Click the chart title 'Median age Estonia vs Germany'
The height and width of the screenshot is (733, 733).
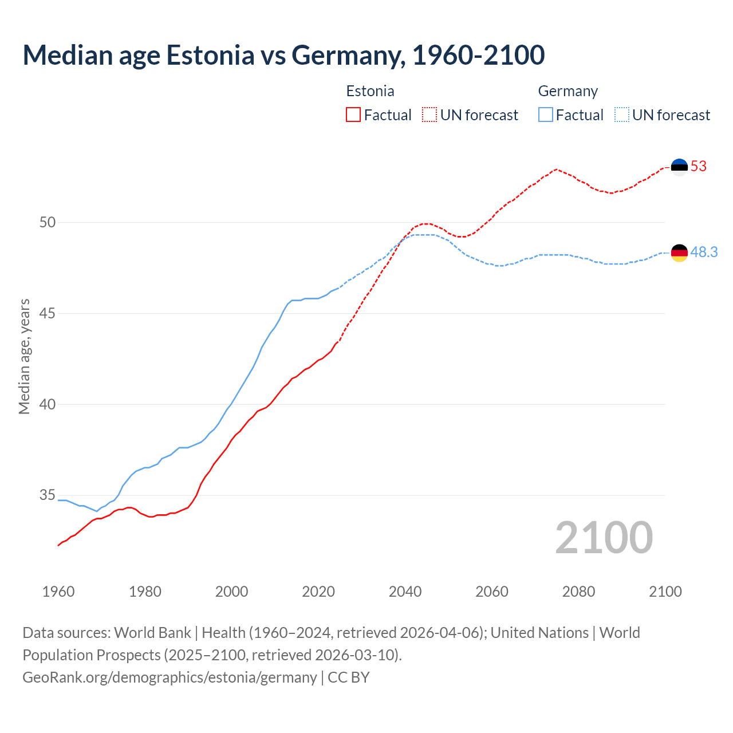tap(283, 55)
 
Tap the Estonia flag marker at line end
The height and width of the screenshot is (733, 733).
tap(679, 167)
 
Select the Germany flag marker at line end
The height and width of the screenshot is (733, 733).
tap(679, 253)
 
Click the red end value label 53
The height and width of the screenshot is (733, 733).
tap(699, 167)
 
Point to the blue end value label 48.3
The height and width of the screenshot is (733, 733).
tap(704, 253)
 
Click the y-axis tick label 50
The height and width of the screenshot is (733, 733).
tap(48, 222)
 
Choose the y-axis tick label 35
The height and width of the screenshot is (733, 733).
tap(48, 495)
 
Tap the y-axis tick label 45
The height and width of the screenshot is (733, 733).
tap(48, 313)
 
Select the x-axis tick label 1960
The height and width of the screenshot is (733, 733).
tap(58, 592)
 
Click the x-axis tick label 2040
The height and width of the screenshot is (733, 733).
tap(405, 592)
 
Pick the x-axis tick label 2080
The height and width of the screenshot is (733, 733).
tap(578, 592)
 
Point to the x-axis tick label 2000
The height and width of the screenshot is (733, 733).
tap(232, 592)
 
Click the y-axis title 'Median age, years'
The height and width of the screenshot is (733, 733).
tap(24, 356)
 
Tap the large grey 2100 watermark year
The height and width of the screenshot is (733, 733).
tap(604, 537)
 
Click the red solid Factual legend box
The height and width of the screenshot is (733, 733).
tap(353, 115)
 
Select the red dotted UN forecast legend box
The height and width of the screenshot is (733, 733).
tap(429, 115)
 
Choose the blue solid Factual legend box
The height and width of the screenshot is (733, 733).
tap(546, 115)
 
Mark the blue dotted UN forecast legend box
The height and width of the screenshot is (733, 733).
tap(622, 115)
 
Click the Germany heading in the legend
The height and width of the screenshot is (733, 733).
tap(568, 91)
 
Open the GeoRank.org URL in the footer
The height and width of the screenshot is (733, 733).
tap(170, 677)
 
